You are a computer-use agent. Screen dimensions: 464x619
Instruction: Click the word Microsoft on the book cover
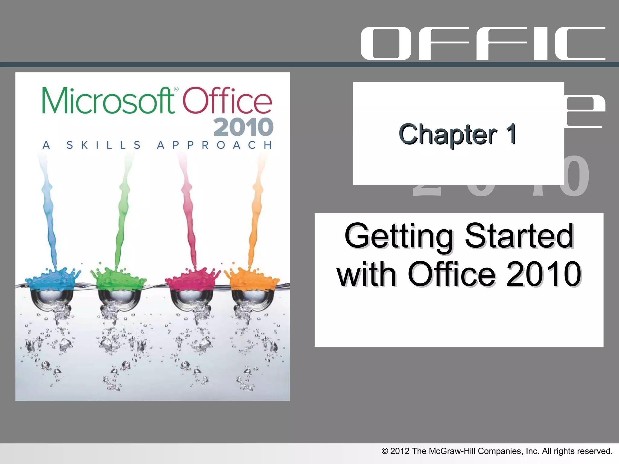pos(108,100)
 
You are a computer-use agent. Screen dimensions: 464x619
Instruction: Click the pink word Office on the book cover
pos(227,100)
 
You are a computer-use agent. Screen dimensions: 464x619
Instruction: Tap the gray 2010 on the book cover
pos(243,127)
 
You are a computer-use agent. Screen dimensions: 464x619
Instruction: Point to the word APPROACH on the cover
pos(214,145)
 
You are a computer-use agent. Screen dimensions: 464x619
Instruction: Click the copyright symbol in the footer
pos(384,451)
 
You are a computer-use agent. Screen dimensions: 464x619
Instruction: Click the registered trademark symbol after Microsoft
pos(176,89)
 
